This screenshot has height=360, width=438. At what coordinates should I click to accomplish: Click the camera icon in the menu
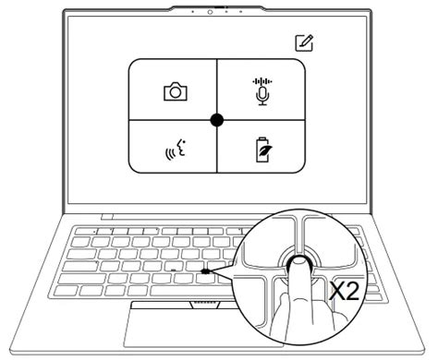(173, 91)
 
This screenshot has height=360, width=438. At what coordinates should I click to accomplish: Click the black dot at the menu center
(217, 119)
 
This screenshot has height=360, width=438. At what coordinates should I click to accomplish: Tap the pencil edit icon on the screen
(303, 42)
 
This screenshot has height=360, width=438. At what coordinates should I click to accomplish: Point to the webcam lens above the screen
(212, 11)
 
